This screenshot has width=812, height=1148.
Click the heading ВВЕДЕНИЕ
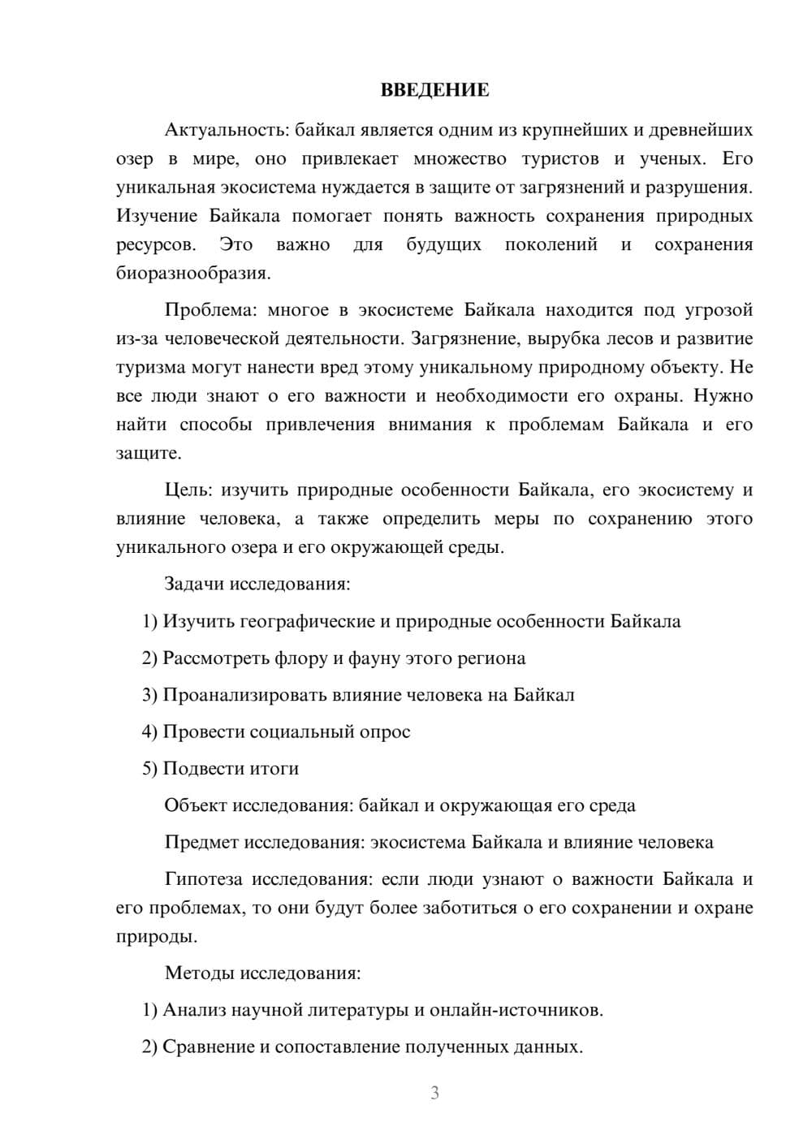tap(434, 90)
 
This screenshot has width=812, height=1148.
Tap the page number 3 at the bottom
tap(434, 1093)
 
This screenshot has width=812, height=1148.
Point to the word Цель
tap(188, 490)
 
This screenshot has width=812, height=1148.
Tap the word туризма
tap(151, 367)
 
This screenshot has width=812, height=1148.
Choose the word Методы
tap(195, 973)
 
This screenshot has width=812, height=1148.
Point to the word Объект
tap(195, 805)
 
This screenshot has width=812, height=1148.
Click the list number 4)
tap(149, 732)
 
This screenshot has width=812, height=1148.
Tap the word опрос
tap(385, 732)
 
